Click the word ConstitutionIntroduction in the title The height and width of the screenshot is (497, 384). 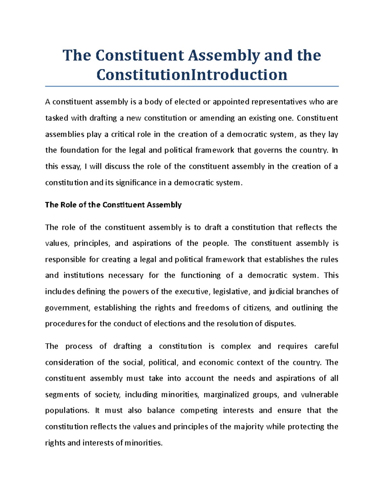(192, 75)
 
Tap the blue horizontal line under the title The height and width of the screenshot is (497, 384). (192, 86)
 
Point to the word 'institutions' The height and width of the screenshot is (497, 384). (84, 275)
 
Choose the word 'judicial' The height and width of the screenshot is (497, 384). (281, 292)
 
